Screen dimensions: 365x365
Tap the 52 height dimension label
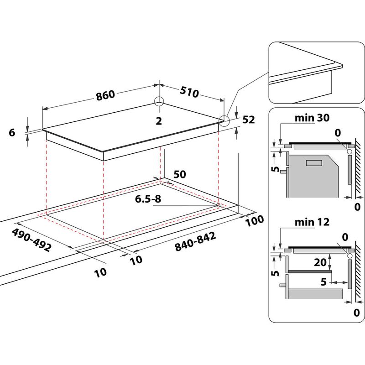tap(248, 120)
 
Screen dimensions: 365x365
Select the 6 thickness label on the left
tap(12, 132)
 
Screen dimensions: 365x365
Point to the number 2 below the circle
tap(159, 120)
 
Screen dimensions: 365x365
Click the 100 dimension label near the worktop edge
tap(255, 221)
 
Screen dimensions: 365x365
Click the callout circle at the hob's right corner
tap(224, 120)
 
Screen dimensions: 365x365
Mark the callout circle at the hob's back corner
tap(159, 102)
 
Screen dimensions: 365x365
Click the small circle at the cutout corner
tap(218, 206)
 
